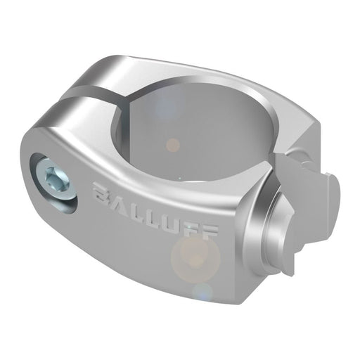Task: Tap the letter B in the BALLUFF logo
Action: click(x=101, y=191)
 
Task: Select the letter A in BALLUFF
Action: click(x=117, y=196)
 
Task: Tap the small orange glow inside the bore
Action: click(x=172, y=144)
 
